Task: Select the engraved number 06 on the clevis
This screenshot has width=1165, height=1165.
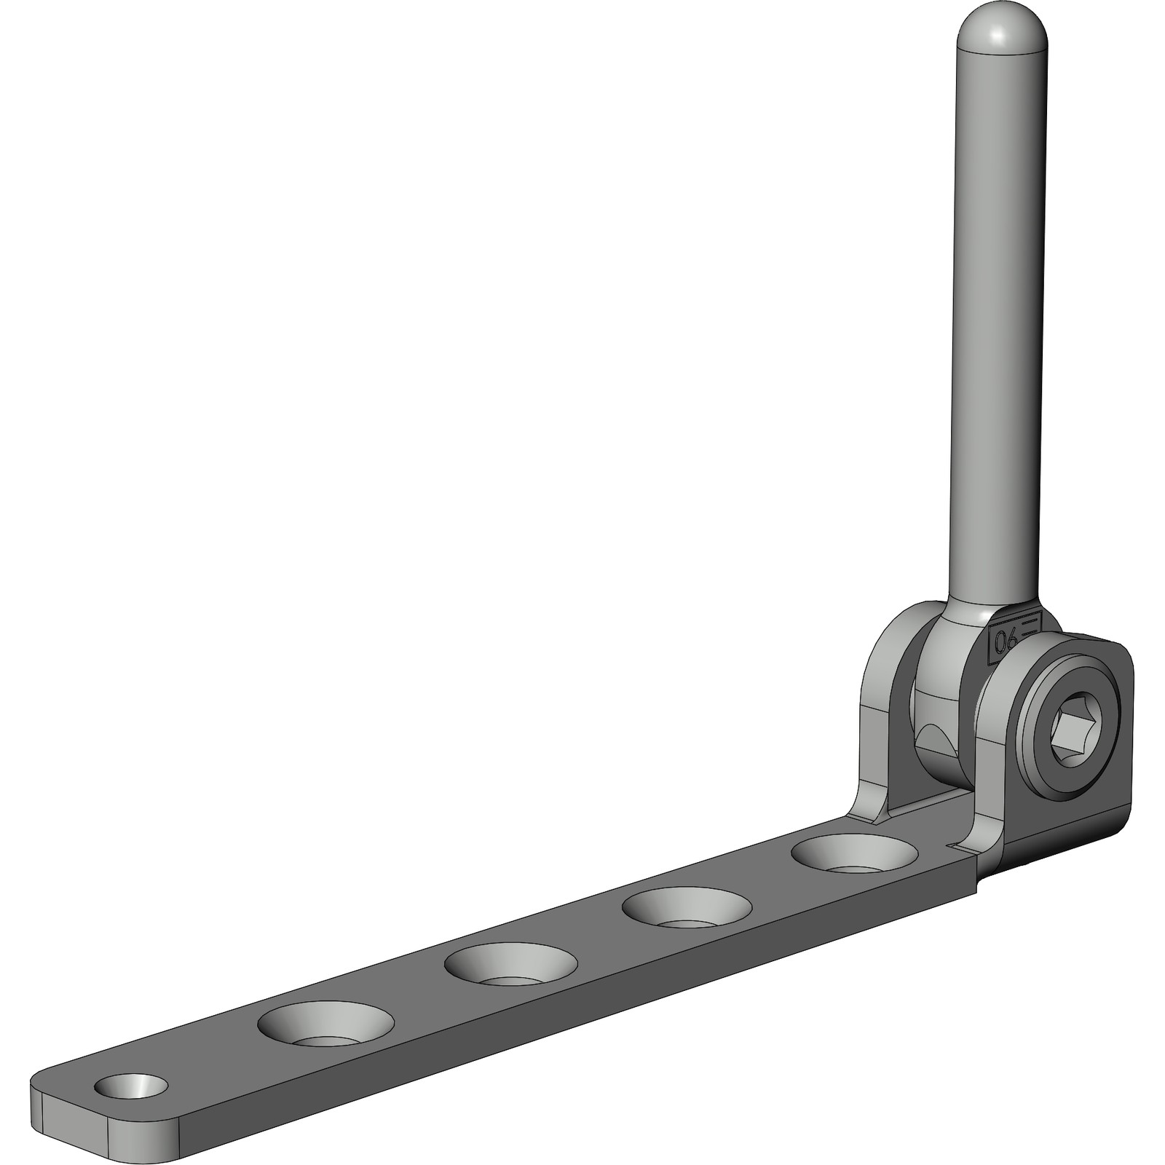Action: tap(1007, 641)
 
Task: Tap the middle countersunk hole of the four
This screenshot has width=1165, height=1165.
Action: tap(510, 965)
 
